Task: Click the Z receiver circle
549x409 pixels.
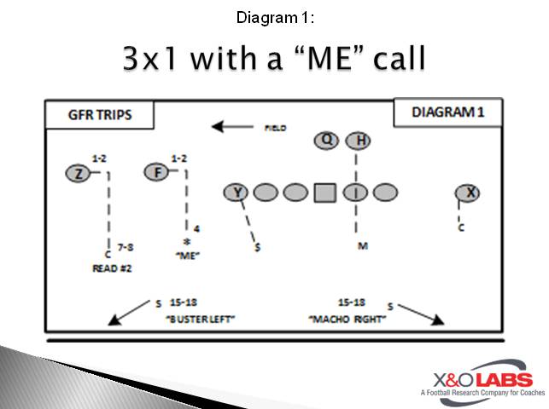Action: (x=78, y=174)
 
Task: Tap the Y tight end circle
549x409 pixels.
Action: (x=236, y=193)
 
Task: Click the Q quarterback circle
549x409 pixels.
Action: (x=326, y=141)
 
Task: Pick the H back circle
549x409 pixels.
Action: (x=359, y=141)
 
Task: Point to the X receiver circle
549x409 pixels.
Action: (x=467, y=193)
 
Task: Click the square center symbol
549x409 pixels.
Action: (x=324, y=193)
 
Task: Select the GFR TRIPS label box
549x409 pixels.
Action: (x=100, y=114)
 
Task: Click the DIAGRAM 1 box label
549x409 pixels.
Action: (x=447, y=112)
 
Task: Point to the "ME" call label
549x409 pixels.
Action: (x=187, y=255)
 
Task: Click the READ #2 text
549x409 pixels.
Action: (x=110, y=268)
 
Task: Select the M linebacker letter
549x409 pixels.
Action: (x=363, y=246)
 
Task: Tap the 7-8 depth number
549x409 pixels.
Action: (x=126, y=247)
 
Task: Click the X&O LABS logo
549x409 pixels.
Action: (x=478, y=380)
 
